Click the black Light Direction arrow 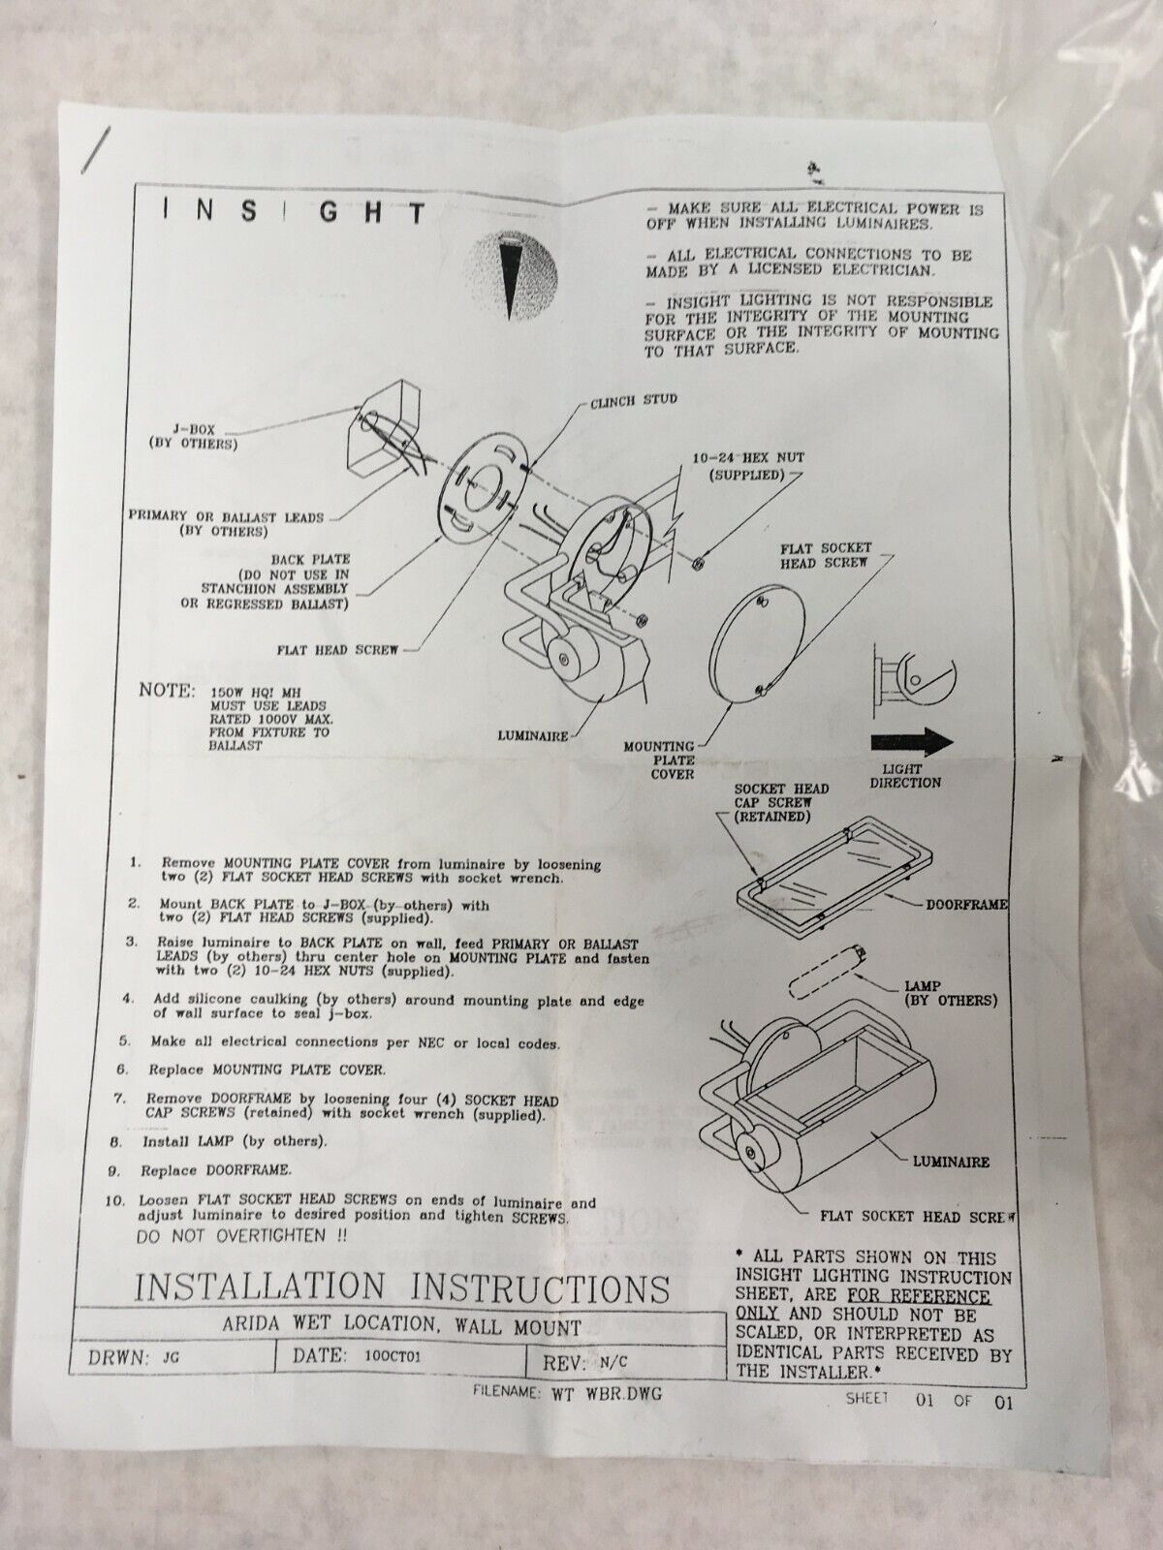[912, 742]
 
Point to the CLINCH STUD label [634, 400]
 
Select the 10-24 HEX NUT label [748, 465]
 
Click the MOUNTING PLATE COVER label [659, 759]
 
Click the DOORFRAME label [966, 904]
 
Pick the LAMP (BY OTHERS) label [951, 994]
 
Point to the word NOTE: [167, 690]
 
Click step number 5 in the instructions [124, 1041]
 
